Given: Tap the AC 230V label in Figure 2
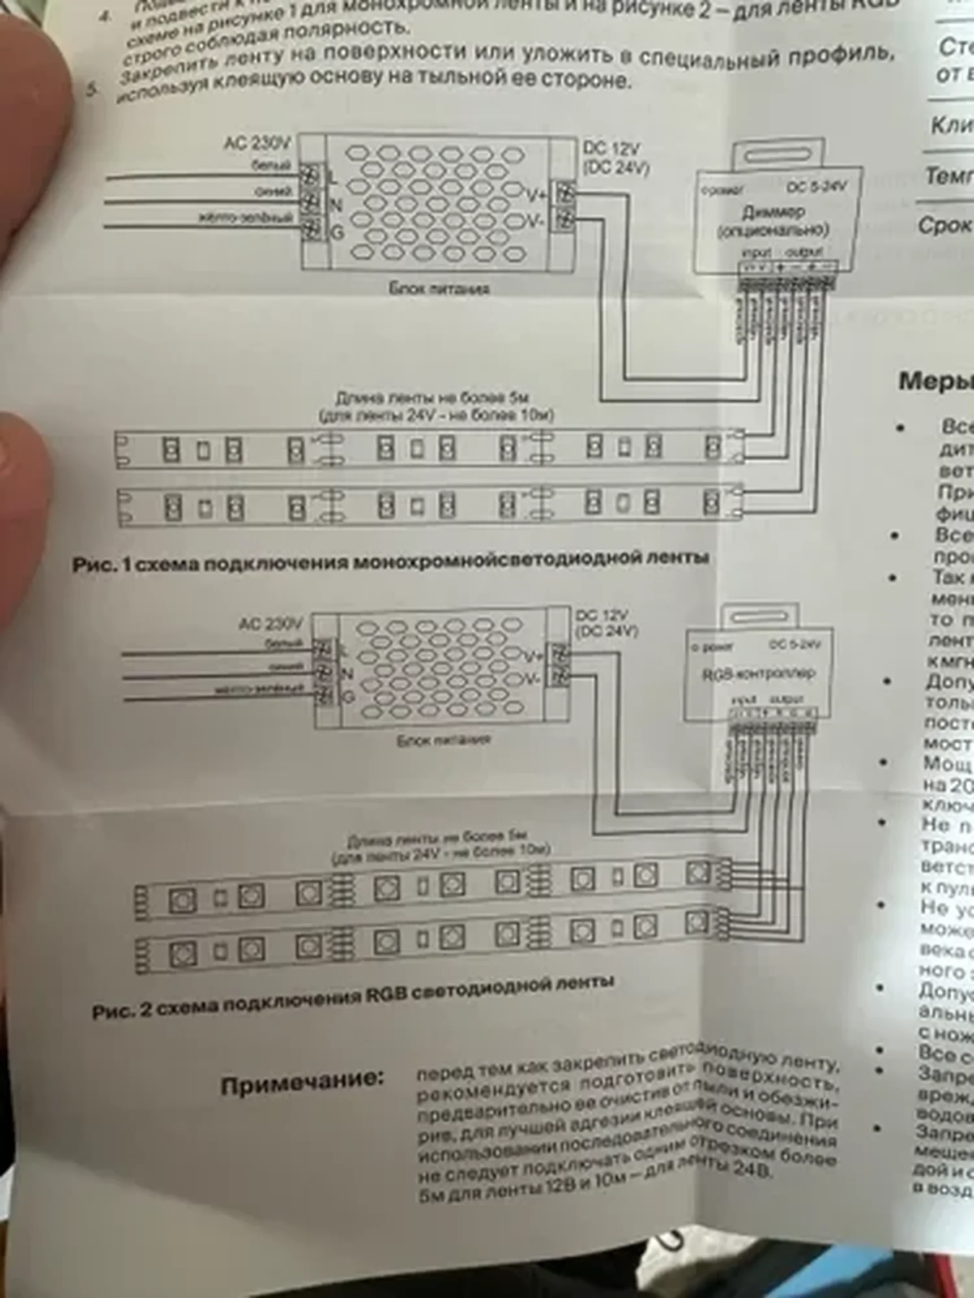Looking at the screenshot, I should click(x=271, y=623).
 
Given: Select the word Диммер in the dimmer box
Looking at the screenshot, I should click(x=773, y=212).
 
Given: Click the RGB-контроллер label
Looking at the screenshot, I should click(x=759, y=674).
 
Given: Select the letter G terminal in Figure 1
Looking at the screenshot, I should click(x=337, y=233).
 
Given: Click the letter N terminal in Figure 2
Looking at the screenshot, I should click(x=347, y=674).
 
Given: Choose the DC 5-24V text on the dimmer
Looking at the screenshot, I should click(x=817, y=187).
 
